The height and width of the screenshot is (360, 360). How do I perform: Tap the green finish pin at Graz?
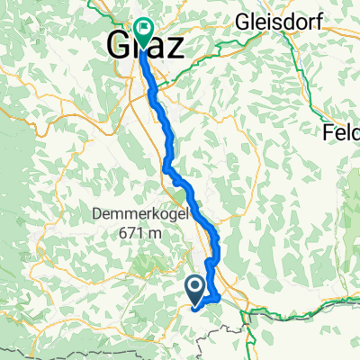[x=142, y=30]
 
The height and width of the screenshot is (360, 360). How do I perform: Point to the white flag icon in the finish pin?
[x=142, y=28]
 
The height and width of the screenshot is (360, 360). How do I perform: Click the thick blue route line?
[x=167, y=135]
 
